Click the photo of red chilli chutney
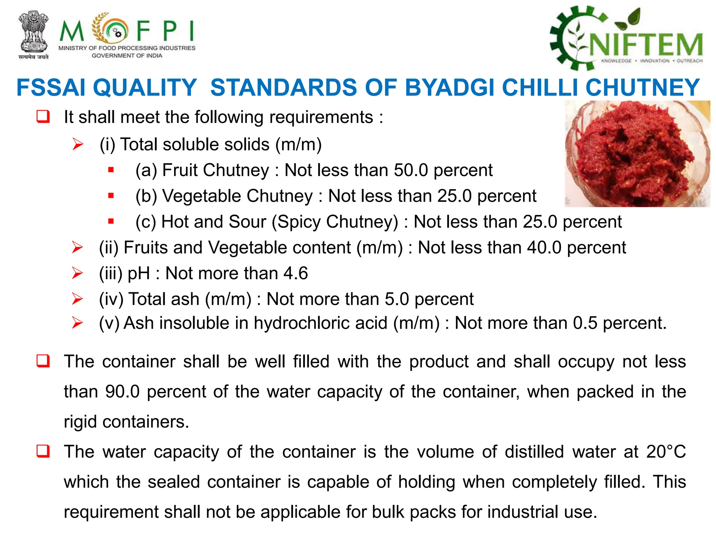tap(637, 154)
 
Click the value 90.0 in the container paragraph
tap(122, 392)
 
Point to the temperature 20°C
tap(666, 452)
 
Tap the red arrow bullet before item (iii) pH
tap(77, 273)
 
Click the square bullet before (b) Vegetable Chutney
tap(111, 196)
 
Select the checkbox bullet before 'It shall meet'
tap(43, 116)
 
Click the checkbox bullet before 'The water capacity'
tap(43, 451)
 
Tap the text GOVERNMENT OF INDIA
tap(127, 56)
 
